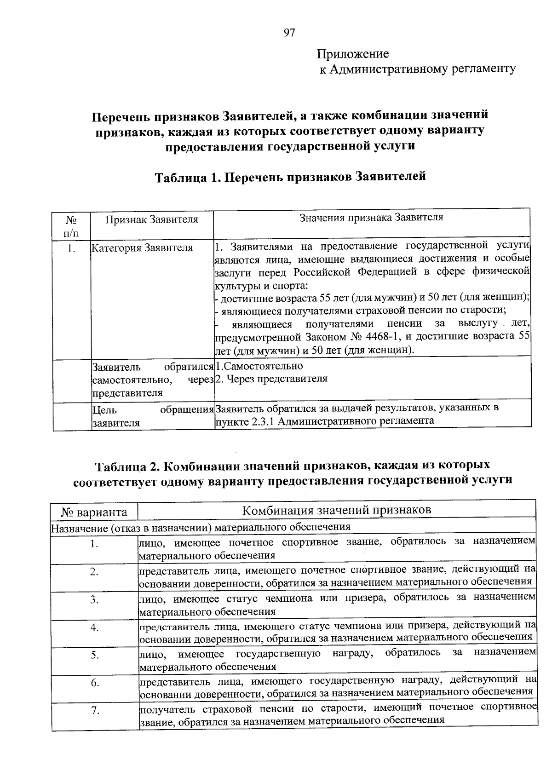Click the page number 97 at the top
click(289, 33)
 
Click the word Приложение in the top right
click(352, 54)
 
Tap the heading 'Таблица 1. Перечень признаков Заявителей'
click(290, 177)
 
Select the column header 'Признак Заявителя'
click(152, 219)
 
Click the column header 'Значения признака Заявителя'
click(371, 218)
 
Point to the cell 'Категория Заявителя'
click(142, 248)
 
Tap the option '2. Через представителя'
click(271, 379)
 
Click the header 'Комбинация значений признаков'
click(337, 510)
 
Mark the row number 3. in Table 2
click(95, 600)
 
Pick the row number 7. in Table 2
click(95, 711)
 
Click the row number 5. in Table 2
click(95, 655)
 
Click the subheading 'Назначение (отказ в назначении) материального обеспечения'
click(200, 527)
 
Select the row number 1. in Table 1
click(71, 249)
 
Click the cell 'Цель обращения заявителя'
click(152, 416)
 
